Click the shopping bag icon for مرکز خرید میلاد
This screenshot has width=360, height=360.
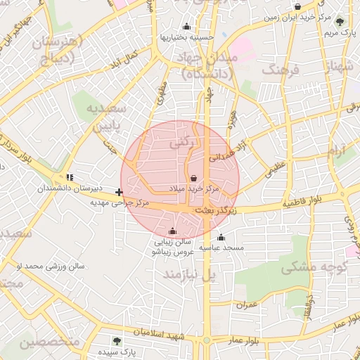(194, 178)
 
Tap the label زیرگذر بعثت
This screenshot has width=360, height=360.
(214, 210)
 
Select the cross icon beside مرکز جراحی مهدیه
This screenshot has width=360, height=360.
(120, 191)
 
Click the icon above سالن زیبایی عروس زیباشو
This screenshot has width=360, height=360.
(173, 231)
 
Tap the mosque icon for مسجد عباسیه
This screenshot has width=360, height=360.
(221, 237)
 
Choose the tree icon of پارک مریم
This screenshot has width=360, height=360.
(340, 22)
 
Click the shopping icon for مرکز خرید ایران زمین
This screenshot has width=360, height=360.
(298, 7)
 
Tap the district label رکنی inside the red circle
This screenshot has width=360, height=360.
(179, 142)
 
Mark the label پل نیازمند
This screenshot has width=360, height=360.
(188, 274)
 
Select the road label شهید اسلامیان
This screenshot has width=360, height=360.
(158, 333)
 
